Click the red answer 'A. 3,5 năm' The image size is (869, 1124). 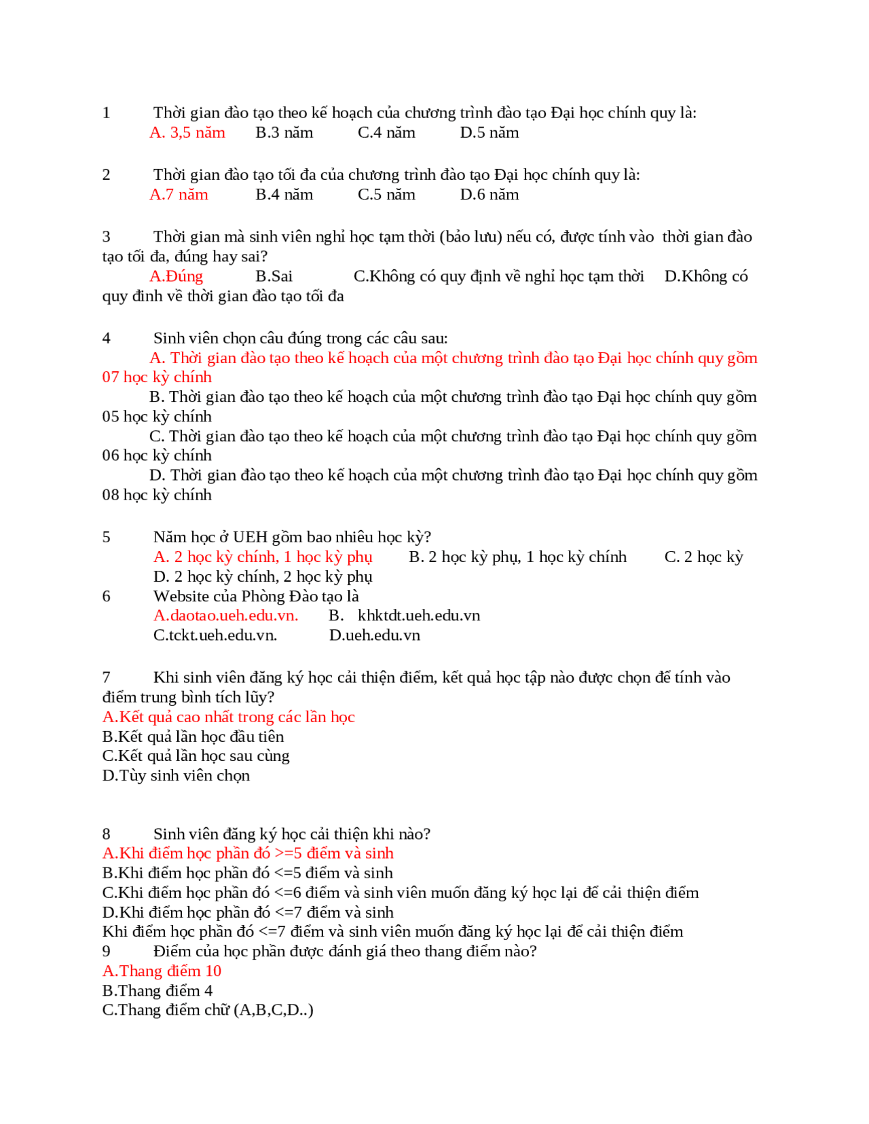(x=187, y=132)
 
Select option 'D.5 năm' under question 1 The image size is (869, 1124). (x=489, y=132)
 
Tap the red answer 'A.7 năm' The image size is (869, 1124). (x=179, y=195)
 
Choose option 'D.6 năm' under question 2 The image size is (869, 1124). (x=489, y=195)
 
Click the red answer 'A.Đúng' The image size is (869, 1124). (x=176, y=276)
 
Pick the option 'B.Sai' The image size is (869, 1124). (x=274, y=276)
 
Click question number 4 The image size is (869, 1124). (x=106, y=338)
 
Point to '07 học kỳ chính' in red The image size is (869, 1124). (x=157, y=377)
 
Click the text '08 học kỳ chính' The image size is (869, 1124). (x=157, y=495)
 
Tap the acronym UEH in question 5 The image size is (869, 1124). (x=250, y=537)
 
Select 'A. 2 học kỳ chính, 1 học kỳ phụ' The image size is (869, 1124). (x=263, y=557)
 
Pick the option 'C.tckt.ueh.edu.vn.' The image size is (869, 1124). (x=215, y=635)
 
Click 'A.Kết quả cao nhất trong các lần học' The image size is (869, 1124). (x=228, y=717)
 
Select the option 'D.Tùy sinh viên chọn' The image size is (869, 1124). (x=176, y=776)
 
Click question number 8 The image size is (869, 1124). (x=106, y=834)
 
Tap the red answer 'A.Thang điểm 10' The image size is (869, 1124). (x=162, y=971)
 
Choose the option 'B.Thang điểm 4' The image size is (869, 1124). (x=157, y=991)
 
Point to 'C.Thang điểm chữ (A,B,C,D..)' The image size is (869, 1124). (x=208, y=1010)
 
